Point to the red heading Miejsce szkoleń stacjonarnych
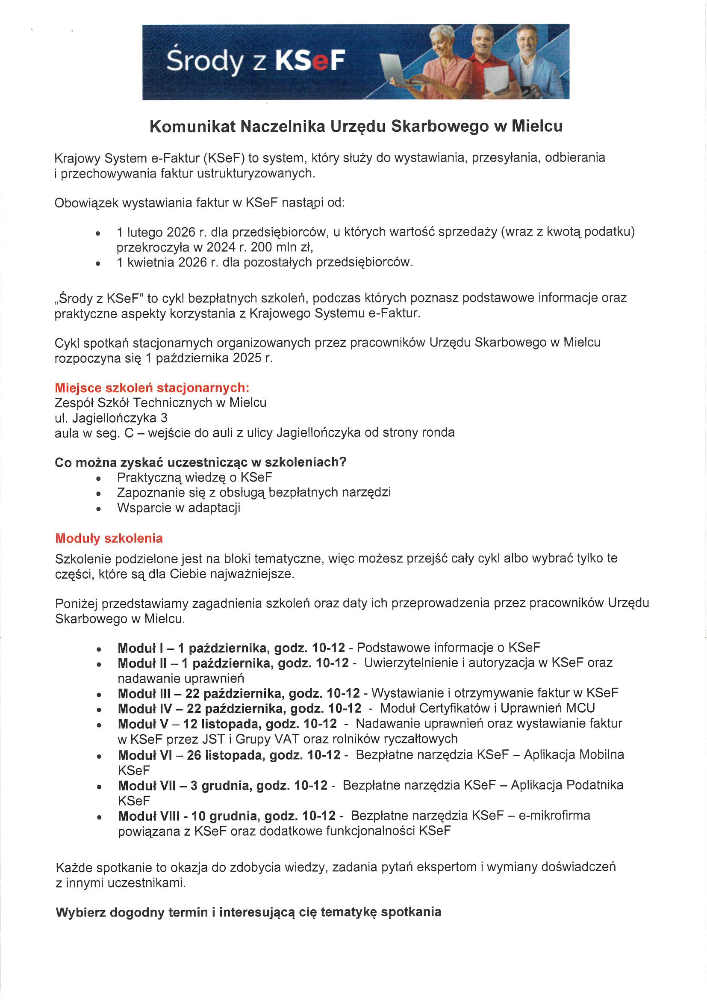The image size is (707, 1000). click(152, 388)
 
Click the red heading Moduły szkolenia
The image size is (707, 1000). click(109, 538)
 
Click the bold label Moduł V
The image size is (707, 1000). click(143, 723)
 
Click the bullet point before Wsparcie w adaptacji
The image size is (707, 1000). click(99, 509)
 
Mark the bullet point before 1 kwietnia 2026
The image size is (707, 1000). click(99, 263)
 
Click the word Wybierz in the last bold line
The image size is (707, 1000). click(81, 912)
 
